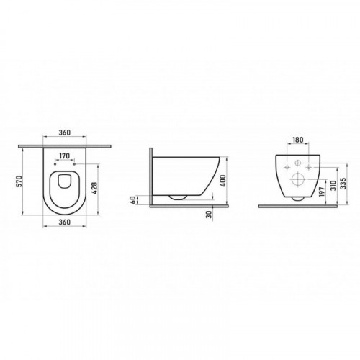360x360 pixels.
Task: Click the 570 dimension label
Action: (x=19, y=181)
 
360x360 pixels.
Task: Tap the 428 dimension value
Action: (x=94, y=188)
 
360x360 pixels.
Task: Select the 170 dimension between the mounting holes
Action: (x=65, y=156)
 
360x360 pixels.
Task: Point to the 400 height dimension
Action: (x=223, y=181)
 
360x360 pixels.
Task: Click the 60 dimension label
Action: (x=132, y=200)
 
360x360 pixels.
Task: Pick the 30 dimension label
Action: (x=210, y=215)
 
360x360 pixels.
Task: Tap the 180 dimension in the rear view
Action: (x=298, y=140)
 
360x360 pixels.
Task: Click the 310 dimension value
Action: (x=333, y=185)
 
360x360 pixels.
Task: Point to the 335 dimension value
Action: (x=343, y=184)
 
